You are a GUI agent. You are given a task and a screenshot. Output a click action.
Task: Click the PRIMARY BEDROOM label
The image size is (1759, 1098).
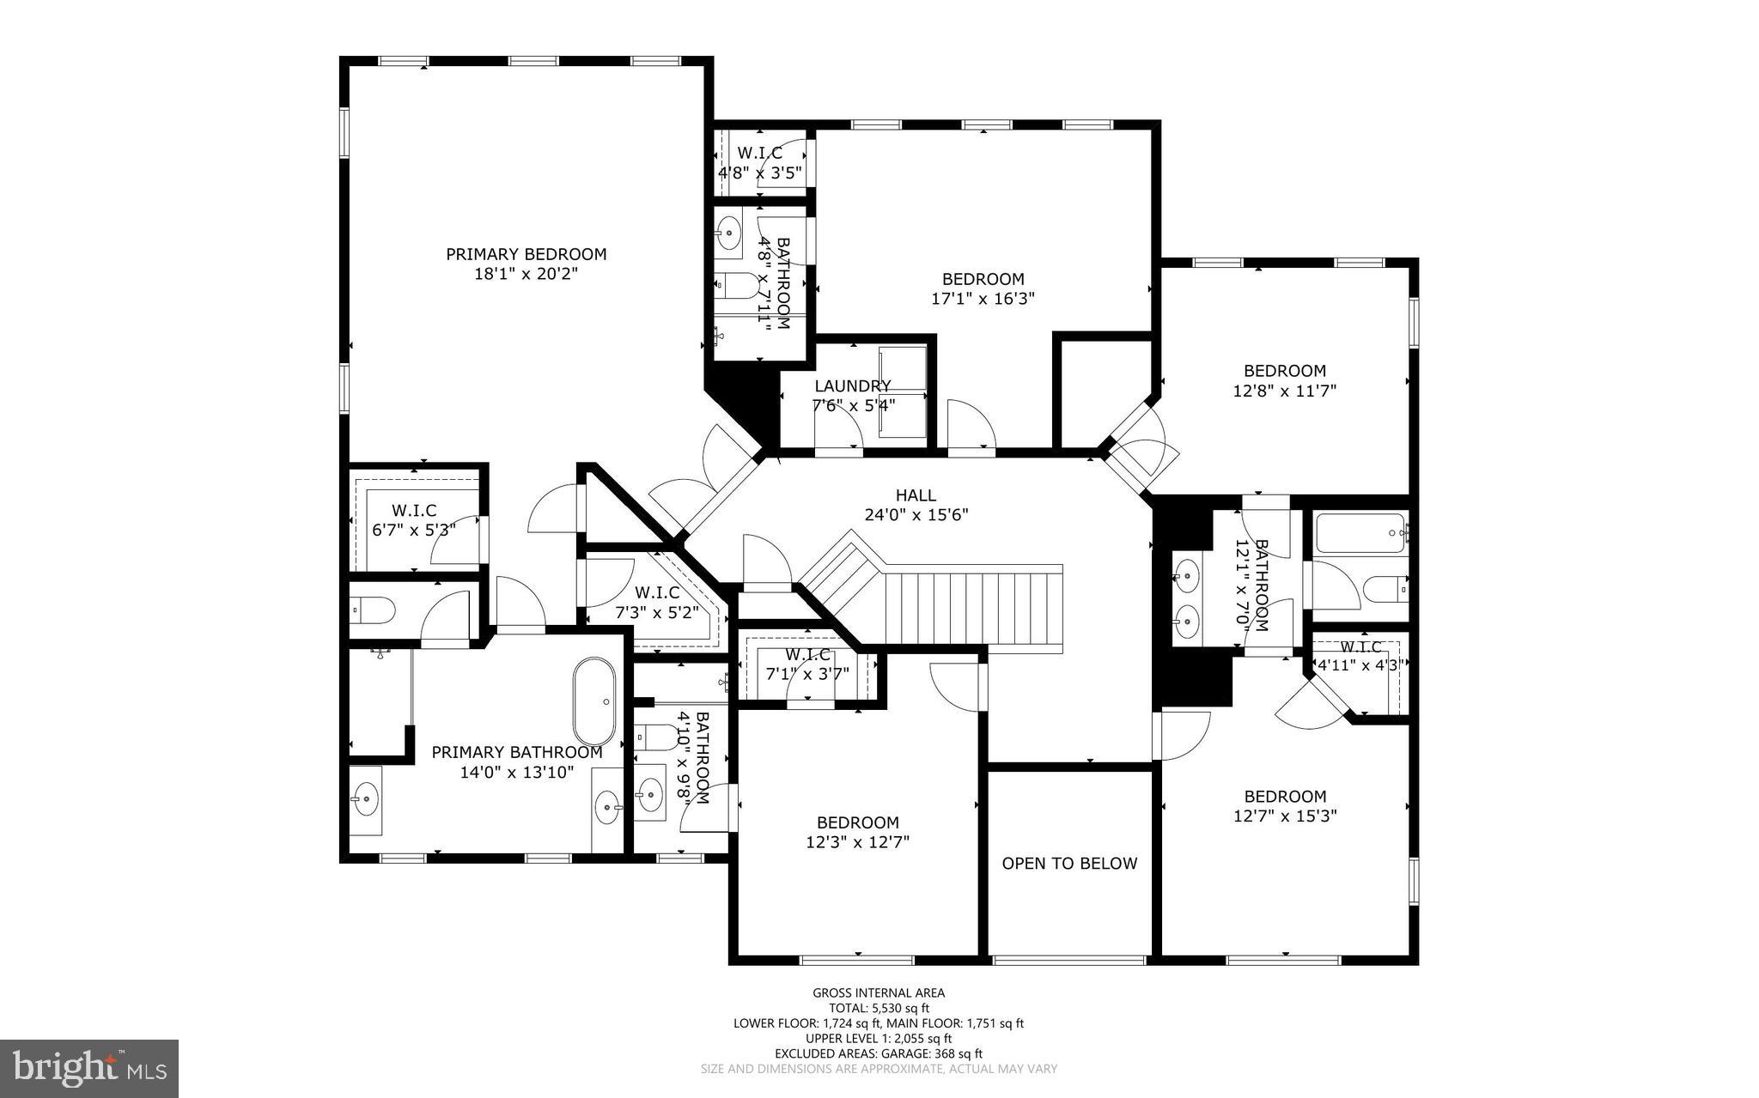pos(526,254)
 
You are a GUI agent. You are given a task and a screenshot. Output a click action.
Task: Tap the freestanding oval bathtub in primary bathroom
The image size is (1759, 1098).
pos(594,701)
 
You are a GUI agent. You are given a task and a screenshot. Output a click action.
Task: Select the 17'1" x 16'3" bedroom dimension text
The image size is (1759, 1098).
pos(983,299)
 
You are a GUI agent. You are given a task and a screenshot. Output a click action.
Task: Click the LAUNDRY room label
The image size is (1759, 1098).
pos(852,386)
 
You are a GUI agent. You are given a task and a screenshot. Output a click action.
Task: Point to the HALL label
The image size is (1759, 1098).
pos(916,495)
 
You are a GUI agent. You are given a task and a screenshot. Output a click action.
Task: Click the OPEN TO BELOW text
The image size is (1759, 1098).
pos(1069,864)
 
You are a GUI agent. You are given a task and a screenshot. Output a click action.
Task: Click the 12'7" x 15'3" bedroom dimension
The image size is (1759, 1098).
pos(1285,816)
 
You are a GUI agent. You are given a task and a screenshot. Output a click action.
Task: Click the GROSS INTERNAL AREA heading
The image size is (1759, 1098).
pos(879,993)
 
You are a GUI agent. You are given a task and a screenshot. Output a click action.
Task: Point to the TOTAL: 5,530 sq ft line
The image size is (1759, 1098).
pos(879,1009)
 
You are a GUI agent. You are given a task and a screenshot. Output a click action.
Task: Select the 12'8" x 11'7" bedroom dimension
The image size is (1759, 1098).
pos(1285,391)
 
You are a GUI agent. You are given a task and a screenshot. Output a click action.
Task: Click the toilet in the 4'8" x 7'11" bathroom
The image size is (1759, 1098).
pos(737,282)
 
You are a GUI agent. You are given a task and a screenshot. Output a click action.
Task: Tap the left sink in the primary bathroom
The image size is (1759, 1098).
pos(367,800)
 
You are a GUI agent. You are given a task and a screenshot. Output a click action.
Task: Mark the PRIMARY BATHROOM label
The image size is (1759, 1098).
pos(516,752)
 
